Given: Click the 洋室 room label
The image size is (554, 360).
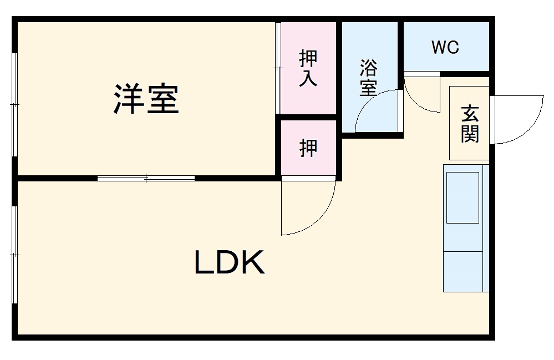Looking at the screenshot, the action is (x=146, y=99).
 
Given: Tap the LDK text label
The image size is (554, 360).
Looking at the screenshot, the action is (x=229, y=263).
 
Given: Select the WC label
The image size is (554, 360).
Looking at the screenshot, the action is (x=445, y=48).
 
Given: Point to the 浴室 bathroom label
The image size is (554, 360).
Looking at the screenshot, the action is (x=369, y=78).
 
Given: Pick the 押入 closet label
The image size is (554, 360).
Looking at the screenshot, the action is (x=308, y=68).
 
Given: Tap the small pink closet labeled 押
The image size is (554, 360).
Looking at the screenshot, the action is (x=308, y=148).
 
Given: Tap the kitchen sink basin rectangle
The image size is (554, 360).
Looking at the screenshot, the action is (x=462, y=197).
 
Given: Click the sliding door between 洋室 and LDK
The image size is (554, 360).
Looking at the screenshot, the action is (x=146, y=178).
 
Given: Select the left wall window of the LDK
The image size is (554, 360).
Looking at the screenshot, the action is (x=16, y=255).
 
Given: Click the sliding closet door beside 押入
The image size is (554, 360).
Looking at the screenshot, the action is (x=278, y=68).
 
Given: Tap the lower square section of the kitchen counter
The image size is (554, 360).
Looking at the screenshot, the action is (x=463, y=271).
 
